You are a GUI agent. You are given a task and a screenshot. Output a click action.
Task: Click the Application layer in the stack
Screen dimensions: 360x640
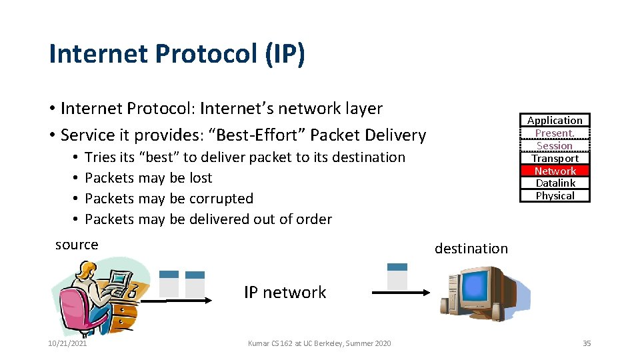point(555,120)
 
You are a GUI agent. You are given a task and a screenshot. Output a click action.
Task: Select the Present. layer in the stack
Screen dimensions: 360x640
point(555,133)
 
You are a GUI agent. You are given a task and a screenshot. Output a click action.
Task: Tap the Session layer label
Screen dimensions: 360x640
point(555,145)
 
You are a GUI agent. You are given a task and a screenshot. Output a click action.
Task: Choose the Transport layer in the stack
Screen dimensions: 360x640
point(555,158)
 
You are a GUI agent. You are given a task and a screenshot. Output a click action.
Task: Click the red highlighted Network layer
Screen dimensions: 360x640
point(555,171)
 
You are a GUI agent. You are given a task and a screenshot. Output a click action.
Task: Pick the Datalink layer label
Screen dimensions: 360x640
point(555,183)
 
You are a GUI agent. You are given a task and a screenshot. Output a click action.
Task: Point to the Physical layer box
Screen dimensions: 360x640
point(555,195)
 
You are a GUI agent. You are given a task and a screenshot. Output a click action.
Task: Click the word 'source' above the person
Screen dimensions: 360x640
point(77,245)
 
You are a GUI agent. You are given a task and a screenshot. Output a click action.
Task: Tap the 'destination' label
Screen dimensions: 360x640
point(471,249)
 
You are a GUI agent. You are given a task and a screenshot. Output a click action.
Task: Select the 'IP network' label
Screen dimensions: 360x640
point(285,292)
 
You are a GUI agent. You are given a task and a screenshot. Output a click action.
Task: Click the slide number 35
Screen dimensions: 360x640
point(587,343)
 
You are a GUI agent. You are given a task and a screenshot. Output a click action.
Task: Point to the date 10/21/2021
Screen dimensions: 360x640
point(67,343)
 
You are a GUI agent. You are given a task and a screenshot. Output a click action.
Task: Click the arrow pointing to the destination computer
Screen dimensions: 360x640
point(400,293)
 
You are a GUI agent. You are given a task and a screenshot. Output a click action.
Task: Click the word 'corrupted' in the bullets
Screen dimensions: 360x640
point(221,199)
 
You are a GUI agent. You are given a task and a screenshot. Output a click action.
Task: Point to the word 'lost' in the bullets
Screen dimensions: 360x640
point(200,178)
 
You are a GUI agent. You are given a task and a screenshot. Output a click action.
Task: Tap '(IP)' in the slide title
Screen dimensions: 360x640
point(285,54)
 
